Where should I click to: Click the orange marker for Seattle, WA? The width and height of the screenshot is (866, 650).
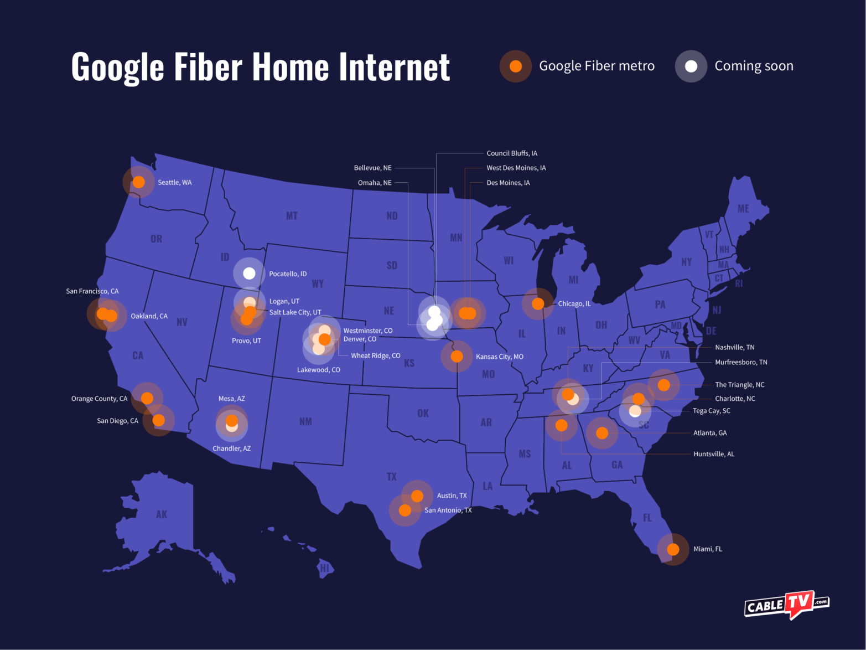coord(139,182)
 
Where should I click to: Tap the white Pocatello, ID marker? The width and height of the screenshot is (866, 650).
coord(249,273)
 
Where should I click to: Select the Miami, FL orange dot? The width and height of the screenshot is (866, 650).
coord(673,549)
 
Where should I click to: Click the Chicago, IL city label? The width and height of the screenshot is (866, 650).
coord(574,304)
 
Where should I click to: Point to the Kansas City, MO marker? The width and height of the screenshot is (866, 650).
coord(457,356)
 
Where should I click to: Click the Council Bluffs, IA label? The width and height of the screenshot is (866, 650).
coord(512,153)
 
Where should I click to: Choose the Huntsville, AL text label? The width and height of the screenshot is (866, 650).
coord(714,454)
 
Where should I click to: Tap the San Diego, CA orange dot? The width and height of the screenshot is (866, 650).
coord(159,420)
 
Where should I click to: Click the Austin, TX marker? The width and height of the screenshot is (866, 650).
coord(417,496)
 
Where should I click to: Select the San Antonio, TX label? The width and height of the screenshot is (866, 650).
coord(448,510)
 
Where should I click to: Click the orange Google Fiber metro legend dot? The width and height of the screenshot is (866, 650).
coord(516,66)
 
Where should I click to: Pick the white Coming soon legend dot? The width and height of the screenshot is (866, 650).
coord(691,66)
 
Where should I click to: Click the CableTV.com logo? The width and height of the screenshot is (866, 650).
coord(786,605)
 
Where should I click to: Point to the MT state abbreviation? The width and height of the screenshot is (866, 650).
coord(292,216)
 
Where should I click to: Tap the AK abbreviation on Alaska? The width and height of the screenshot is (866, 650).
coord(162,515)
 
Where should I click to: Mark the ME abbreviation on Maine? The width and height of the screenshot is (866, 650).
coord(743,209)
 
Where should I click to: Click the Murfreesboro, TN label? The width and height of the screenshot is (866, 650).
coord(741,363)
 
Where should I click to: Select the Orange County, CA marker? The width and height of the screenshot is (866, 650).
coord(147,398)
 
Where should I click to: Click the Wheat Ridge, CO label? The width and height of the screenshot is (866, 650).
coord(375,356)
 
